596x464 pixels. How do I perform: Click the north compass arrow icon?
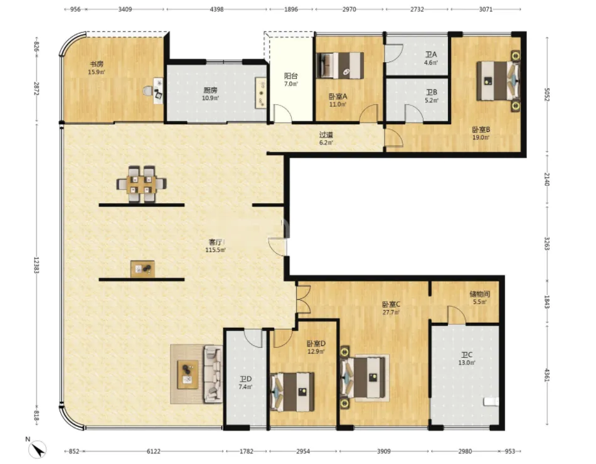pyautogui.click(x=37, y=449)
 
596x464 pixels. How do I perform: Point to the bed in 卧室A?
pyautogui.click(x=340, y=65)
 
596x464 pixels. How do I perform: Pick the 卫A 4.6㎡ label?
pyautogui.click(x=431, y=58)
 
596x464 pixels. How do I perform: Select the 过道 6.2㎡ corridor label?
pyautogui.click(x=326, y=139)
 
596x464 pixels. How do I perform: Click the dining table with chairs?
pyautogui.click(x=141, y=184)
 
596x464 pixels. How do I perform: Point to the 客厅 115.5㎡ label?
pyautogui.click(x=216, y=246)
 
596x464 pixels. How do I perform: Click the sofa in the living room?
pyautogui.click(x=213, y=374)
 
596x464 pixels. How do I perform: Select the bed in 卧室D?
pyautogui.click(x=292, y=392)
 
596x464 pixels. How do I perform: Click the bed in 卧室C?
pyautogui.click(x=363, y=377)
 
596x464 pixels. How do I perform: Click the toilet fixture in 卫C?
pyautogui.click(x=491, y=402)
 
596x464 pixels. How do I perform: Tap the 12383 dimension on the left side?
pyautogui.click(x=36, y=265)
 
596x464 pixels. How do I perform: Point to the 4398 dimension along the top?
pyautogui.click(x=216, y=9)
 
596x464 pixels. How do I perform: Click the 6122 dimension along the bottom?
pyautogui.click(x=154, y=451)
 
